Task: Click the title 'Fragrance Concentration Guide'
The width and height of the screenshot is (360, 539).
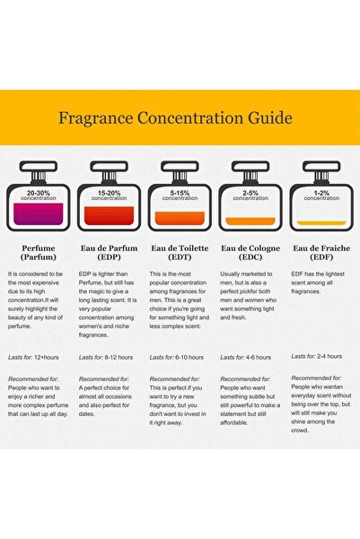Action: pos(175,118)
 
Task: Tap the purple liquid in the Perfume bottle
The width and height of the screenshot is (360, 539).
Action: pos(39,213)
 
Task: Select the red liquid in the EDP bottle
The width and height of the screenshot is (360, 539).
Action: pos(110,215)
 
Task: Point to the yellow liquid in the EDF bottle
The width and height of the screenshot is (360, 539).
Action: pos(321,222)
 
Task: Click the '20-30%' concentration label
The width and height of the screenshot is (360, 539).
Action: pos(39,193)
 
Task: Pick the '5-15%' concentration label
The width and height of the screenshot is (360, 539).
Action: pos(180,193)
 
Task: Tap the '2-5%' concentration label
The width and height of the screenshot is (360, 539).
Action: pos(250,193)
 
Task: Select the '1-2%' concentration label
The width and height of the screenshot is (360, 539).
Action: pos(321,193)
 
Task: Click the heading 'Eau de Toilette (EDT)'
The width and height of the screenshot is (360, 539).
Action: pos(180,253)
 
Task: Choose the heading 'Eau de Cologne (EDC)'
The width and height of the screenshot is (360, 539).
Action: pos(250,253)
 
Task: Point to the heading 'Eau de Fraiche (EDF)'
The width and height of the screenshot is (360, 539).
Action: pos(321,253)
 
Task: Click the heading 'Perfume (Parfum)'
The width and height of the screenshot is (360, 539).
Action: pos(39,253)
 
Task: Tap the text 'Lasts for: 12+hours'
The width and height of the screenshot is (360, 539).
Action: pos(33,358)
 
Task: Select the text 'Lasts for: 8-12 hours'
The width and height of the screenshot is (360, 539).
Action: pos(106,358)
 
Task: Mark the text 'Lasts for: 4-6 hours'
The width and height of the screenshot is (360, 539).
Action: pos(246,358)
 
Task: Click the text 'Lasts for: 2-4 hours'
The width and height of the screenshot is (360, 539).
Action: pos(317,356)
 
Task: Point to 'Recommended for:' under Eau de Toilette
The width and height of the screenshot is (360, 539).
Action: pos(174,379)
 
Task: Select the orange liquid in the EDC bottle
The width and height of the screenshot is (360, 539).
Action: pos(250,221)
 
